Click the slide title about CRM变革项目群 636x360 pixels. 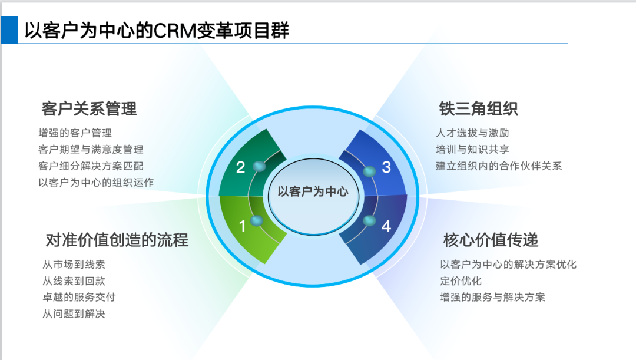(x=157, y=30)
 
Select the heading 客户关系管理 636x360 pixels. (x=89, y=108)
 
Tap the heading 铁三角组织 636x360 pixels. (x=478, y=108)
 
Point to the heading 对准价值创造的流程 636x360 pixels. (x=117, y=240)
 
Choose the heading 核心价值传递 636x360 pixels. (x=491, y=240)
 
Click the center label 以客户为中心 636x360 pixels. (x=313, y=191)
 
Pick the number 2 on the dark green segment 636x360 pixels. (x=240, y=167)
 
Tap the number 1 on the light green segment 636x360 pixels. (x=242, y=226)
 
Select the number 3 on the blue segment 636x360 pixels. (x=386, y=167)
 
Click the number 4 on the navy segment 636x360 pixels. (x=386, y=226)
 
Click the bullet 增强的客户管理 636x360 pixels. (x=75, y=133)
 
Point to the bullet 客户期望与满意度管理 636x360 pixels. (x=91, y=150)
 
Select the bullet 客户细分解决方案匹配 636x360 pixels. (x=91, y=166)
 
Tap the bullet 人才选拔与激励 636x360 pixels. (x=472, y=133)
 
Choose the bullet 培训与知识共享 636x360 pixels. (x=472, y=150)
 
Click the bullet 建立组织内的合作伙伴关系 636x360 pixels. (x=499, y=166)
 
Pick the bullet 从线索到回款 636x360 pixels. (x=74, y=281)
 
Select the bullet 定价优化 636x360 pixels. (x=461, y=281)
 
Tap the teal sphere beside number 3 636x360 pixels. (x=369, y=171)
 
